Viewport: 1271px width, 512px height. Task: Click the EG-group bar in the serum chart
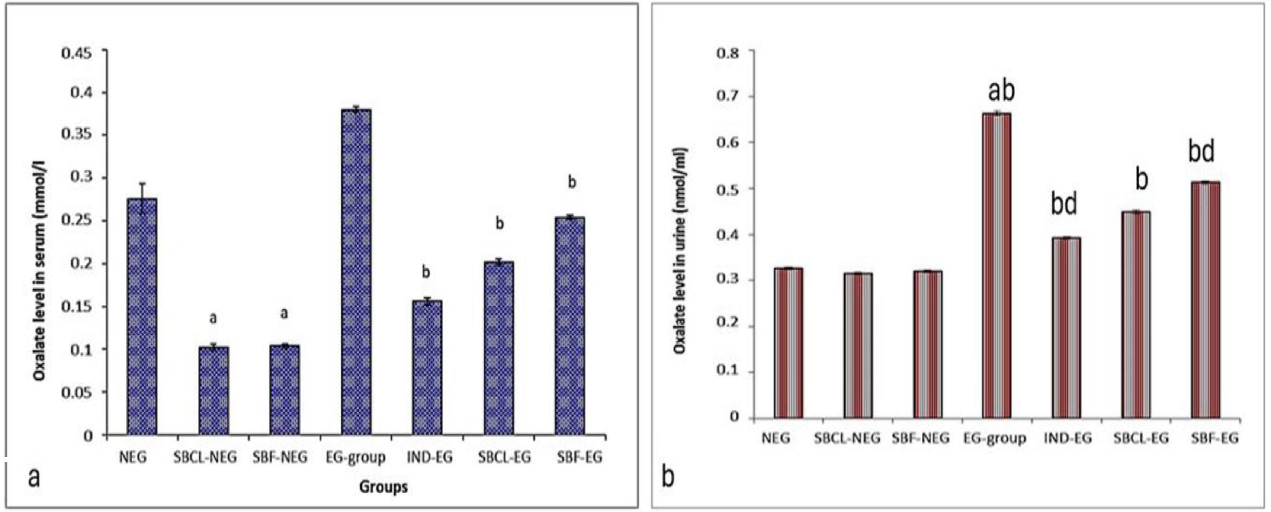[356, 271]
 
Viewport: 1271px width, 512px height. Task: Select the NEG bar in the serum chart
[142, 316]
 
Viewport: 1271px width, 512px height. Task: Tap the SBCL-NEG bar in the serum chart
[213, 390]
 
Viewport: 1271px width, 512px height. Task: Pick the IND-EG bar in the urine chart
[1066, 328]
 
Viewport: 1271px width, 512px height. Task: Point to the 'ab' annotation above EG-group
[1001, 91]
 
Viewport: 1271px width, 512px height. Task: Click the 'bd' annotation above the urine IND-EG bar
[1064, 204]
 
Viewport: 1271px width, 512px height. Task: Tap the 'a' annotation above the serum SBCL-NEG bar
[213, 319]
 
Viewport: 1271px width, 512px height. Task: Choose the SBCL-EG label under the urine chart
[1141, 438]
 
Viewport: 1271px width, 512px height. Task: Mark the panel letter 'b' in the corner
[668, 477]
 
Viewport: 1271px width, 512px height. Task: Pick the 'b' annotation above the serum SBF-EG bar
[572, 183]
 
